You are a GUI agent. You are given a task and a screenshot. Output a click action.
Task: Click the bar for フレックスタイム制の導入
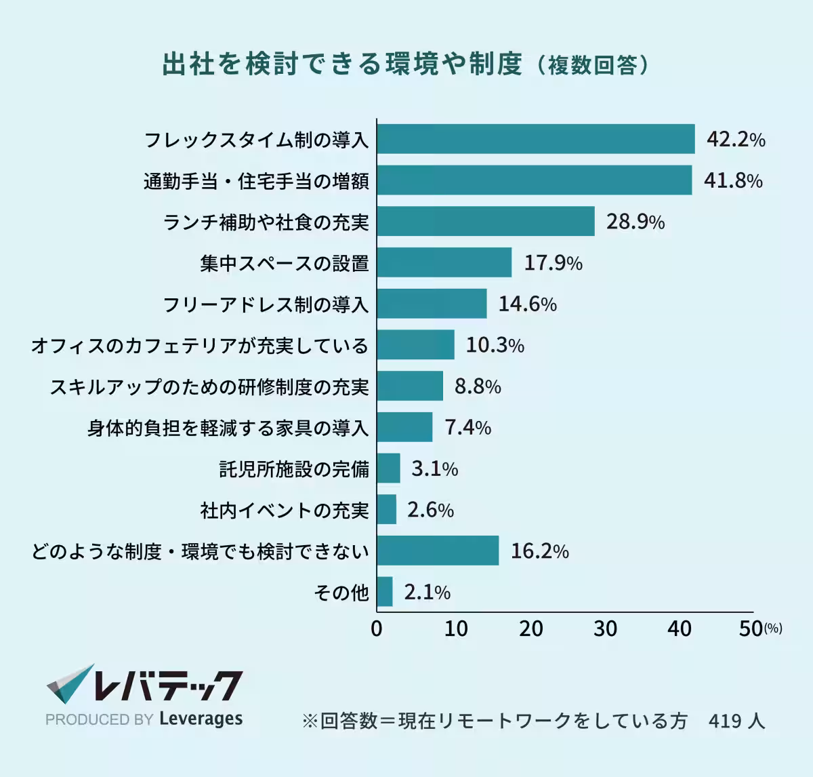click(x=536, y=139)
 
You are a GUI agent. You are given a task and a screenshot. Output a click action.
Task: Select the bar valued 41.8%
click(x=535, y=180)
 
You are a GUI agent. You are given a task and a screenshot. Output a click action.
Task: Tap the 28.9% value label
click(x=635, y=222)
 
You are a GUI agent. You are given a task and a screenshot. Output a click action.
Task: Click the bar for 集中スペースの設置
click(x=444, y=262)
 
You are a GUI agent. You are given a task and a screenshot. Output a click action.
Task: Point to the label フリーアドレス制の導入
click(x=266, y=304)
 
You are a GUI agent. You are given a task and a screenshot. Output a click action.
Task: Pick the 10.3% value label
click(x=495, y=345)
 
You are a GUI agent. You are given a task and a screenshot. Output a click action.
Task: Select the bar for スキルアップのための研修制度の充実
click(x=410, y=386)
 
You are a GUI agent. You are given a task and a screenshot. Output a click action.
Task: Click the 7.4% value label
click(x=467, y=427)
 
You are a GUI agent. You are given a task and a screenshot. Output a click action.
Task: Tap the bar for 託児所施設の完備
click(x=389, y=469)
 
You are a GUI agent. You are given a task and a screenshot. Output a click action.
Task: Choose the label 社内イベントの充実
click(x=285, y=510)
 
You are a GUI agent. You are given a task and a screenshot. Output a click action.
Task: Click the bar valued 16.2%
click(x=438, y=551)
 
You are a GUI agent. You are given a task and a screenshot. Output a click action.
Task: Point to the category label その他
click(x=341, y=593)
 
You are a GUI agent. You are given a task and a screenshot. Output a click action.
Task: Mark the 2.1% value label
click(x=427, y=592)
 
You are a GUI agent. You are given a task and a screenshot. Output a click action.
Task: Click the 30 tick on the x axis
click(x=605, y=629)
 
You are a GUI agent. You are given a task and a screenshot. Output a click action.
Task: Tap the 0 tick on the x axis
click(x=377, y=629)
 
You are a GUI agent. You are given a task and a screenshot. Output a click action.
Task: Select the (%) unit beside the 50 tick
click(x=773, y=629)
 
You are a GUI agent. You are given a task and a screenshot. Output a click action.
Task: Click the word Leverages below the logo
click(x=201, y=719)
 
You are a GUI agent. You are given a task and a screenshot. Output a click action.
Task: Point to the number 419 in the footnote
click(x=725, y=721)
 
